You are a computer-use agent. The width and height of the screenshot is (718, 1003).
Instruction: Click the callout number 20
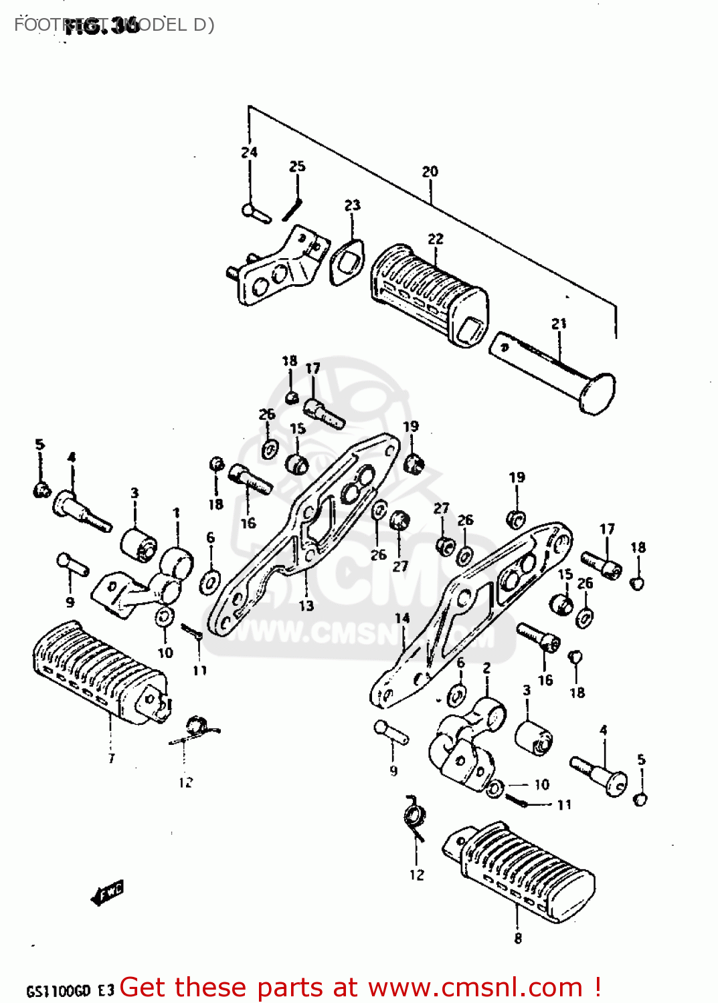(x=430, y=172)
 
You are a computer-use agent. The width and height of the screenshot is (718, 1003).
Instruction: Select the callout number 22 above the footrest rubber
(x=435, y=239)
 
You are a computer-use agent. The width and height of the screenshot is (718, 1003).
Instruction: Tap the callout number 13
(x=306, y=606)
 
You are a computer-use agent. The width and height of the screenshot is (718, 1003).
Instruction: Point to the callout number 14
(x=401, y=618)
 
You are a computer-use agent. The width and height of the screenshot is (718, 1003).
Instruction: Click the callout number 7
(x=111, y=758)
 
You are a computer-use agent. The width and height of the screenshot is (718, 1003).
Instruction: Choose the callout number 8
(x=518, y=938)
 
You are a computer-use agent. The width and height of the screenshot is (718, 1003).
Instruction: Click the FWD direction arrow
(x=108, y=892)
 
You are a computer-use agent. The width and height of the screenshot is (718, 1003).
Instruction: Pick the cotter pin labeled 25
(x=292, y=209)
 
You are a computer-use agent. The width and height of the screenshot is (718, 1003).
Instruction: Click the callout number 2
(x=486, y=668)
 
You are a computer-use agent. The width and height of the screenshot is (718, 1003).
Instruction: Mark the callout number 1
(x=176, y=513)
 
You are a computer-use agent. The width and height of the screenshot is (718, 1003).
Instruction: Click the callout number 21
(x=559, y=324)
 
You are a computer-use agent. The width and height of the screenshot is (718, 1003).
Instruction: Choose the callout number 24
(x=249, y=152)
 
